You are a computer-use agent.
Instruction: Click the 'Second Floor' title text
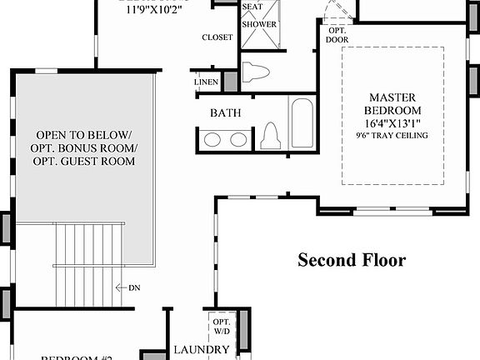coord(352,260)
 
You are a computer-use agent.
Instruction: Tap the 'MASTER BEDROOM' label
coord(393,103)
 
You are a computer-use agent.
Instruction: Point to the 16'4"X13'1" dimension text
coord(393,123)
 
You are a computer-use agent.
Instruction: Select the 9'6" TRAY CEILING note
coord(393,136)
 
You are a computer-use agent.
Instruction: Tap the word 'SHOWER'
coord(259,24)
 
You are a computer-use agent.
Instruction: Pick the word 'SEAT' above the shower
coord(252,7)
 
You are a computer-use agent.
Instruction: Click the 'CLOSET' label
coord(217,37)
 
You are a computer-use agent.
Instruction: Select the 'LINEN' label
coord(207,82)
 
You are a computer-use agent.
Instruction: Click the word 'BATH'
coord(225,112)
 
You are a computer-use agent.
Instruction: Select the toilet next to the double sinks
coord(270,136)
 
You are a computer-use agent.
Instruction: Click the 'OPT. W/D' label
coord(222,326)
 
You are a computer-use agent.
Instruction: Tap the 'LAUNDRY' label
coord(201,350)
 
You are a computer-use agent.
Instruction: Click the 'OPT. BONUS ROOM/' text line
coord(86,147)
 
